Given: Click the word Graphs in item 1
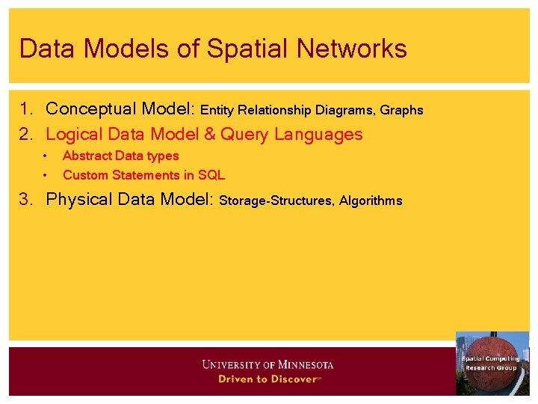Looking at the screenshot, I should (402, 111).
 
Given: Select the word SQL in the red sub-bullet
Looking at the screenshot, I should (211, 176).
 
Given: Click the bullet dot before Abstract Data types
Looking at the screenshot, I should (46, 156).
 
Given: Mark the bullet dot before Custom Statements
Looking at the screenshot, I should (46, 176).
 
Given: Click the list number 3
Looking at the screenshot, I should (26, 200).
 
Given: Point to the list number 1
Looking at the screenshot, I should (26, 109).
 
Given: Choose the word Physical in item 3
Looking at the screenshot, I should (81, 200).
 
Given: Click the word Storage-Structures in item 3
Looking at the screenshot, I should (276, 201).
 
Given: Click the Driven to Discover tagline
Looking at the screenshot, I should (268, 379).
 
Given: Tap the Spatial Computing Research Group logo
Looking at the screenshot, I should (492, 363).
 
